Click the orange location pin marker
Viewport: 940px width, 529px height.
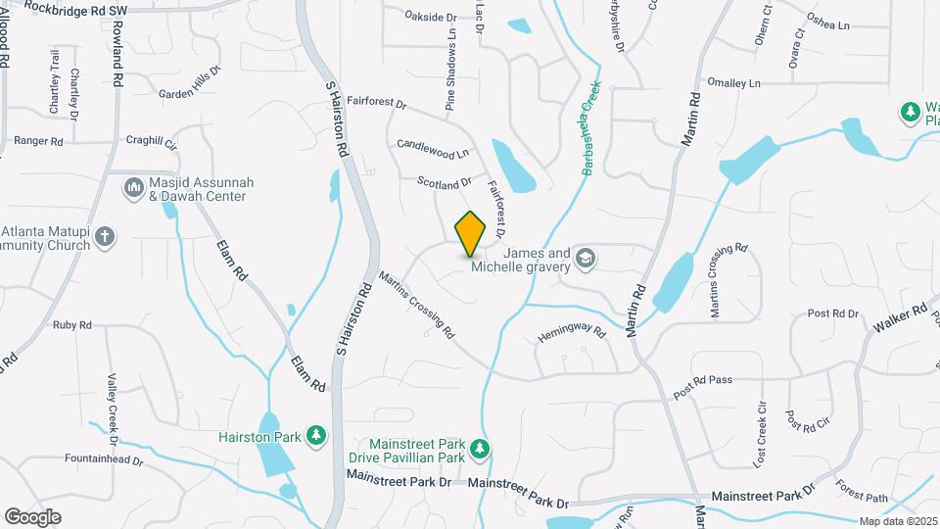point(471,233)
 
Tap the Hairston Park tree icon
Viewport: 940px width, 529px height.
point(315,434)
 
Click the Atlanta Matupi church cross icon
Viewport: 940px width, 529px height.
point(106,236)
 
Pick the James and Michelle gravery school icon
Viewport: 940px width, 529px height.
point(586,259)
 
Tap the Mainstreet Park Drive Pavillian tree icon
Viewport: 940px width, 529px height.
point(479,450)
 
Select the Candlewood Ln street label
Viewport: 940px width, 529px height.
point(433,149)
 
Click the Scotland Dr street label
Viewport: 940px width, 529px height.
point(445,182)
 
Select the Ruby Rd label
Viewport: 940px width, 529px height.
point(71,324)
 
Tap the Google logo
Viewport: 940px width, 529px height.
point(32,516)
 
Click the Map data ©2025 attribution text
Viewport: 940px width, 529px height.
point(897,521)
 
